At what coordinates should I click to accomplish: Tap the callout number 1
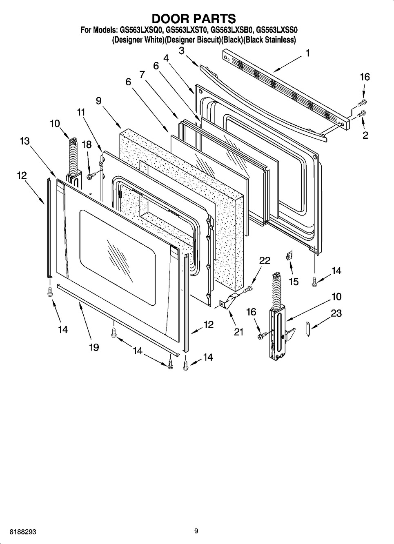click(307, 53)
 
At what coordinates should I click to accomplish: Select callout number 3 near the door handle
click(181, 50)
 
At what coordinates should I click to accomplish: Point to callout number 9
click(98, 100)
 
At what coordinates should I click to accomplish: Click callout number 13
click(24, 141)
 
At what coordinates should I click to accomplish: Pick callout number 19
click(94, 347)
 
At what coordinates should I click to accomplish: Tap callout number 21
click(238, 332)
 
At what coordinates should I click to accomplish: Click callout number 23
click(336, 313)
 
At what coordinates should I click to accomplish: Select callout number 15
click(294, 282)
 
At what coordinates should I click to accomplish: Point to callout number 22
click(265, 260)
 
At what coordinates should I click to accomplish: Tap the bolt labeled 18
click(90, 175)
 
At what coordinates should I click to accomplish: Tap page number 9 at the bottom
click(196, 531)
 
